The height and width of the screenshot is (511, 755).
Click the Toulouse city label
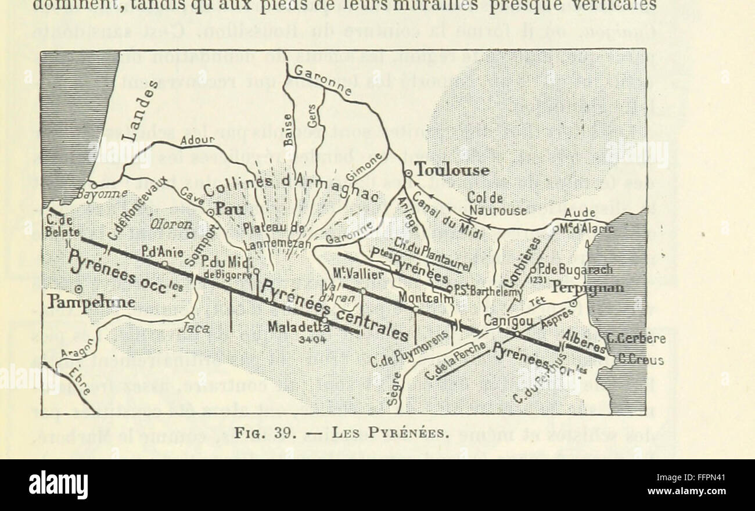pyautogui.click(x=452, y=170)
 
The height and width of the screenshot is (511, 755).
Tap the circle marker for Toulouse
pyautogui.click(x=408, y=172)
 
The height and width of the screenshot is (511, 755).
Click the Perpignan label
pyautogui.click(x=588, y=288)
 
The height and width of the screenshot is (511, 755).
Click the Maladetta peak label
pyautogui.click(x=299, y=328)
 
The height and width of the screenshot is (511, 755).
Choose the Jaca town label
pyautogui.click(x=195, y=329)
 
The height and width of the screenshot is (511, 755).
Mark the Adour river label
pyautogui.click(x=197, y=141)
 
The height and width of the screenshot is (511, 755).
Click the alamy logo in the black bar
pyautogui.click(x=58, y=484)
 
